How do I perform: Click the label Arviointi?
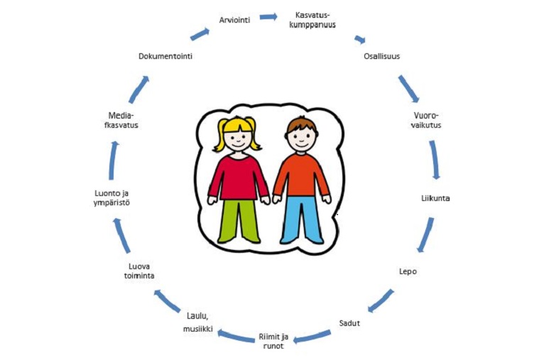tap(234, 20)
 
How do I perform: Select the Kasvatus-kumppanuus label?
tap(312, 20)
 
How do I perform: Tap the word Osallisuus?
tap(381, 56)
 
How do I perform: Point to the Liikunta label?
tap(435, 198)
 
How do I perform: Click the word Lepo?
tap(408, 271)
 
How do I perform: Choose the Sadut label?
tap(349, 323)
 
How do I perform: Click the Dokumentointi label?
tap(165, 56)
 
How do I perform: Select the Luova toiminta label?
tap(139, 271)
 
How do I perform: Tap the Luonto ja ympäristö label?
tap(112, 198)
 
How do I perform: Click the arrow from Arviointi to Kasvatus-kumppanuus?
tap(268, 16)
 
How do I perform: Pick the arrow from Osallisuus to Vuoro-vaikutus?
tap(408, 89)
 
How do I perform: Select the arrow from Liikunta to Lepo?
tap(425, 235)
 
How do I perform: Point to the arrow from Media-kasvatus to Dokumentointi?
tap(139, 89)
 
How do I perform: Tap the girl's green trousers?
tap(239, 221)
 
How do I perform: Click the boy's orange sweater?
tap(301, 175)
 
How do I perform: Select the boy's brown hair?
tap(301, 126)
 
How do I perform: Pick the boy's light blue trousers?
tap(302, 219)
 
